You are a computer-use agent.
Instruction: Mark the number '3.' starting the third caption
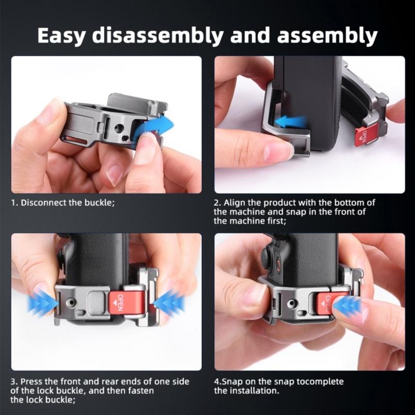tap(14, 381)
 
